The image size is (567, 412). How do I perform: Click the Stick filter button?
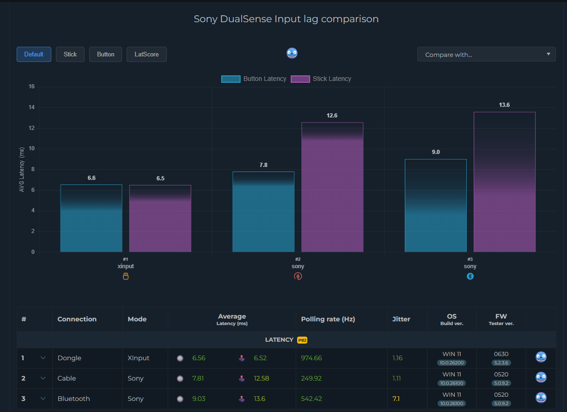point(70,54)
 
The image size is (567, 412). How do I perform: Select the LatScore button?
point(146,54)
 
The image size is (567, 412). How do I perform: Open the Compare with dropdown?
point(487,55)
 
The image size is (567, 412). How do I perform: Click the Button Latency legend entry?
point(254,79)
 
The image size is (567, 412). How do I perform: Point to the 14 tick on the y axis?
point(31,107)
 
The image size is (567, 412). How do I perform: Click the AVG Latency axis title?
point(22,170)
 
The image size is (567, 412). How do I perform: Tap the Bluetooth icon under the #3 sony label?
point(470,277)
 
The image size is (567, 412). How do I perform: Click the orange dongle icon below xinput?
point(125,277)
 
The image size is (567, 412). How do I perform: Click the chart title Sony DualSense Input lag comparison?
point(286,19)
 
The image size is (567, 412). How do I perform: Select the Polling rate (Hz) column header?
point(328,319)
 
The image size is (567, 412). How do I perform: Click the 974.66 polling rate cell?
point(311,358)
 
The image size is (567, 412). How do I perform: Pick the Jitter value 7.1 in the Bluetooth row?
point(396,399)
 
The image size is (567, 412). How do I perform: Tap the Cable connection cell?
point(67,378)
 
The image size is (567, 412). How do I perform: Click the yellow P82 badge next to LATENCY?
point(302,340)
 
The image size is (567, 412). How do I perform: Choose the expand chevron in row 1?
point(43,358)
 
